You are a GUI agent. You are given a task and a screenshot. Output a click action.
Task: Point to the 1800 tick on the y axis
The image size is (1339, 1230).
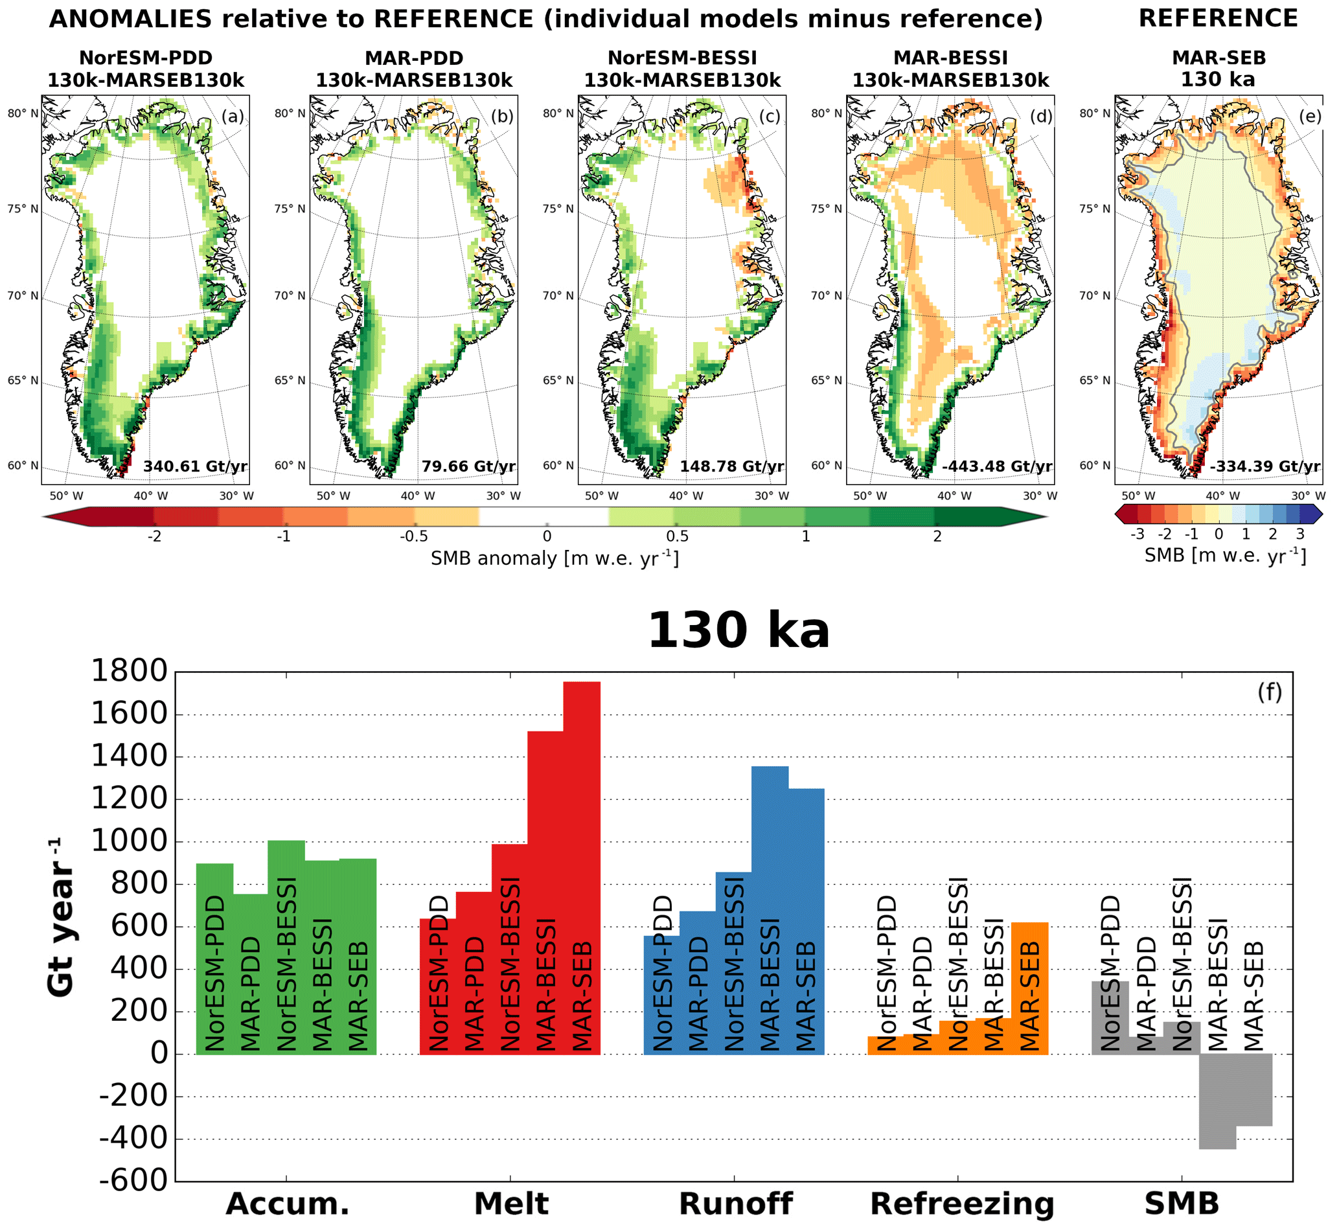pyautogui.click(x=129, y=672)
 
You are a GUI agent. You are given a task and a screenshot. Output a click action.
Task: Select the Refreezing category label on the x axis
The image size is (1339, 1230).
pyautogui.click(x=963, y=1203)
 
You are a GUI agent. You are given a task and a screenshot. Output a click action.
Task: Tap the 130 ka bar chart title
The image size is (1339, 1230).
pyautogui.click(x=738, y=630)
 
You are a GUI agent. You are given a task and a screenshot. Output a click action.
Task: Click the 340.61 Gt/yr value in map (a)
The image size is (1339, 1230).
pyautogui.click(x=195, y=466)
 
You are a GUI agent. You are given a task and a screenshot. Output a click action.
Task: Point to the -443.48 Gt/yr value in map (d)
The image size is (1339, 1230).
pyautogui.click(x=997, y=466)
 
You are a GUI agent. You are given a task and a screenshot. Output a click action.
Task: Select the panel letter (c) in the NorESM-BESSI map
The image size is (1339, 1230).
pyautogui.click(x=770, y=117)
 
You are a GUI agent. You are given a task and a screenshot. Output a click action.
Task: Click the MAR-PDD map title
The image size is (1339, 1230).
pyautogui.click(x=414, y=58)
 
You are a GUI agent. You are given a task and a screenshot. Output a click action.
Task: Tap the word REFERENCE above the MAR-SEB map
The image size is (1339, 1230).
pyautogui.click(x=1218, y=19)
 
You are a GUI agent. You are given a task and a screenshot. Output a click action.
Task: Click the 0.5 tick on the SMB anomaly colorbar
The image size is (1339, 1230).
pyautogui.click(x=677, y=536)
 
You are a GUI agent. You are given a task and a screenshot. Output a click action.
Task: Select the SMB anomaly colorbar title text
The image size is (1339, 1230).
pyautogui.click(x=555, y=558)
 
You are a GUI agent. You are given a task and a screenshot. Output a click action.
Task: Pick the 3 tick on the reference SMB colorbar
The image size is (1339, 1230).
pyautogui.click(x=1299, y=534)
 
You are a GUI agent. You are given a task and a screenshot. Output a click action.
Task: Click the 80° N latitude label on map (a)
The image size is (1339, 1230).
pyautogui.click(x=23, y=113)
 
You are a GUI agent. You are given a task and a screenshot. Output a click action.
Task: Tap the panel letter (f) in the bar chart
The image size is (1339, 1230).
pyautogui.click(x=1269, y=693)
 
